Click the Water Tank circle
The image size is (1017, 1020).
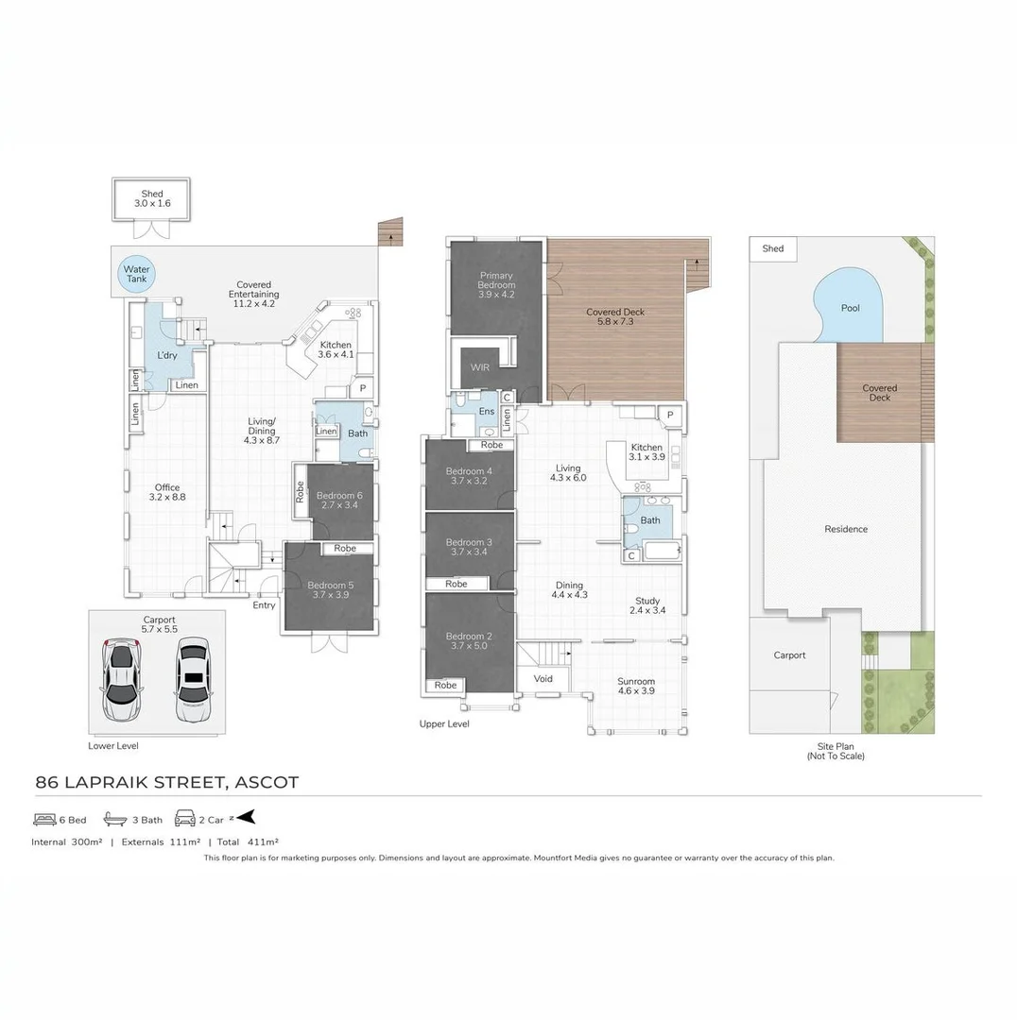(137, 274)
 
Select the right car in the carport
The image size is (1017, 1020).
(193, 679)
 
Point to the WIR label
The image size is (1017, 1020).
(480, 368)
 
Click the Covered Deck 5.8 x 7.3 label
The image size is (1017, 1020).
(615, 316)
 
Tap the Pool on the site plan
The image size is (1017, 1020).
(851, 308)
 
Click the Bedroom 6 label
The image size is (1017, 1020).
(339, 501)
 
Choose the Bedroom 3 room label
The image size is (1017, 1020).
(469, 547)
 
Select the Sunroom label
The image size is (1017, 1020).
(636, 686)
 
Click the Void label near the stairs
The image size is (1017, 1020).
(543, 678)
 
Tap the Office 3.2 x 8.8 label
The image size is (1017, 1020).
(166, 493)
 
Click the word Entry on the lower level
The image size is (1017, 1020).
(264, 605)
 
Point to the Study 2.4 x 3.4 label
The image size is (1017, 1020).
(647, 605)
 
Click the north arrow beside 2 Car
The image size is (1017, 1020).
(246, 818)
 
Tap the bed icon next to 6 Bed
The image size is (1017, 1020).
(44, 820)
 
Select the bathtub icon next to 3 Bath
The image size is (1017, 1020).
(114, 820)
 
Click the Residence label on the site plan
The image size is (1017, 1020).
(845, 529)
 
